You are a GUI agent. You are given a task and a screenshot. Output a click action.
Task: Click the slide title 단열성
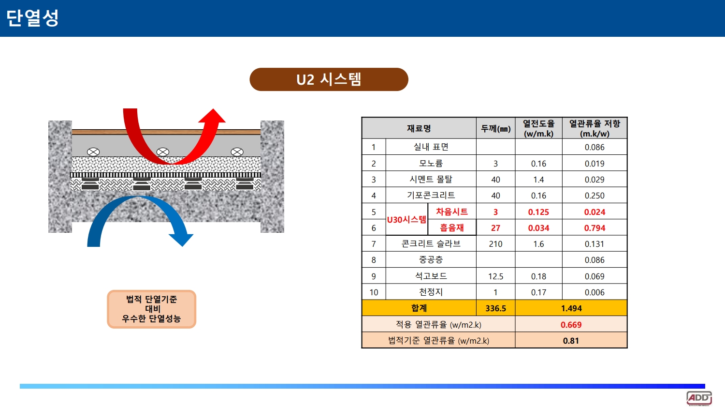pyautogui.click(x=32, y=17)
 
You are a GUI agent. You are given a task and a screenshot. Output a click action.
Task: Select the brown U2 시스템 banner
pyautogui.click(x=329, y=79)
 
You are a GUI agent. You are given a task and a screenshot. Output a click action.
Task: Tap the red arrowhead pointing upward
pyautogui.click(x=212, y=116)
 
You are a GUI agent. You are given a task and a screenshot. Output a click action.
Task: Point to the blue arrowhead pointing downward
pyautogui.click(x=181, y=240)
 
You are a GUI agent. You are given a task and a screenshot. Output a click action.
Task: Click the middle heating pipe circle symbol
pyautogui.click(x=162, y=151)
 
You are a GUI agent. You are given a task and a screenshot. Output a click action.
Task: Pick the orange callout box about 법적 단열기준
pyautogui.click(x=151, y=309)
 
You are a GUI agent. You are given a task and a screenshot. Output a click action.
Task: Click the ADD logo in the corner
pyautogui.click(x=699, y=398)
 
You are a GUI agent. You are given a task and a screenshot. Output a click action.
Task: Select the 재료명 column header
pyautogui.click(x=419, y=128)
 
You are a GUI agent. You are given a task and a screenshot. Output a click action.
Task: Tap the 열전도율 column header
pyautogui.click(x=538, y=128)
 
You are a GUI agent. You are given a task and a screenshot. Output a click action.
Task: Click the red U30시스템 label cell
pyautogui.click(x=406, y=220)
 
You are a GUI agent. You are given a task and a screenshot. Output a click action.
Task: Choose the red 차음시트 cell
pyautogui.click(x=452, y=212)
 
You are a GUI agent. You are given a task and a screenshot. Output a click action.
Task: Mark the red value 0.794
pyautogui.click(x=594, y=228)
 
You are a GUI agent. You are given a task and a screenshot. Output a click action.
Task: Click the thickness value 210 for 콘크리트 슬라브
pyautogui.click(x=495, y=244)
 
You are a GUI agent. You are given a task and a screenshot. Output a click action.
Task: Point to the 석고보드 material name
pyautogui.click(x=431, y=276)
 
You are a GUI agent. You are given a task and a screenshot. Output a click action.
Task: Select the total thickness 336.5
pyautogui.click(x=495, y=308)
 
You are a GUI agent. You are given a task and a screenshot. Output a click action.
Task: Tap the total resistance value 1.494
pyautogui.click(x=571, y=308)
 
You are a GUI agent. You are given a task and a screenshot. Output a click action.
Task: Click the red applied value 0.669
pyautogui.click(x=571, y=324)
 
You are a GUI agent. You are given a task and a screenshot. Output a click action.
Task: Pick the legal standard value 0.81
pyautogui.click(x=571, y=341)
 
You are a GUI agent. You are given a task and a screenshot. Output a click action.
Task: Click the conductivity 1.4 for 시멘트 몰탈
pyautogui.click(x=538, y=180)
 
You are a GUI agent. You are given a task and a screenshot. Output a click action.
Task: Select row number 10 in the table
pyautogui.click(x=374, y=292)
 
